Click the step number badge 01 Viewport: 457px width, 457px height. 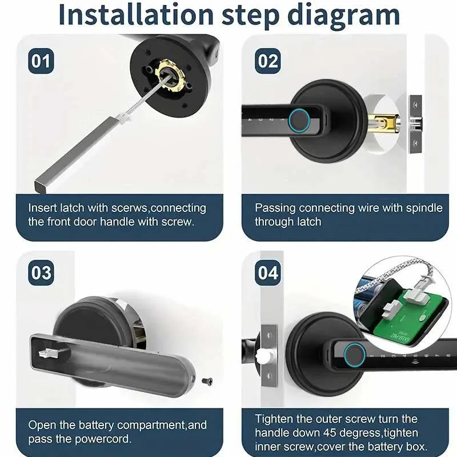[x=41, y=61]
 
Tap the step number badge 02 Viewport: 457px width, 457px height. [x=267, y=61]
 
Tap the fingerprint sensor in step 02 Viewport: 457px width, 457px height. [x=299, y=119]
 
